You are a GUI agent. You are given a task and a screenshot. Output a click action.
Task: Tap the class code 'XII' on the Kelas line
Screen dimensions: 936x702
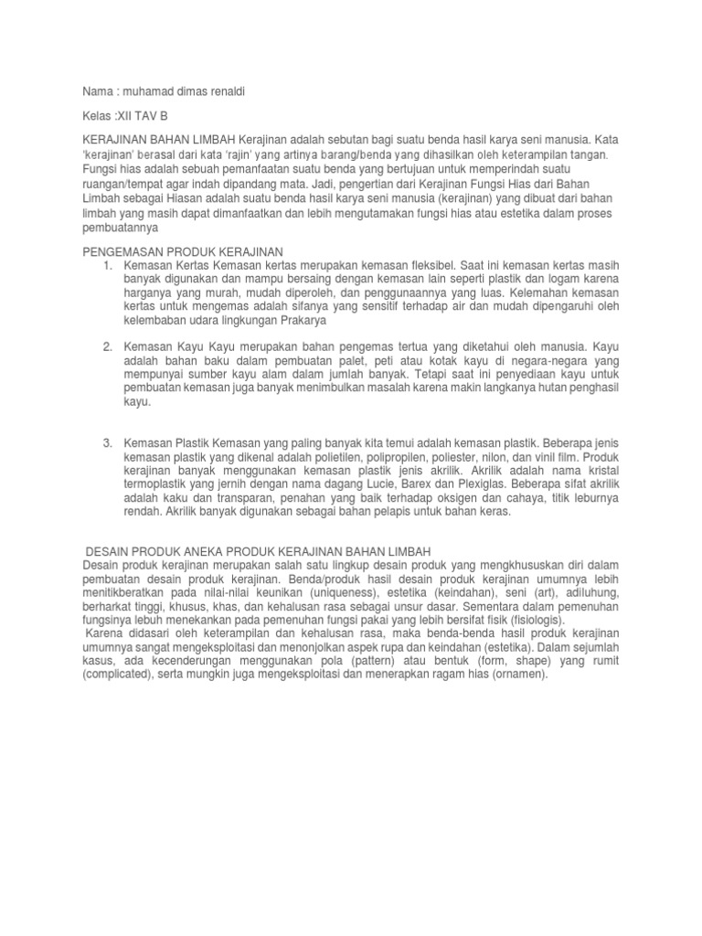[122, 118]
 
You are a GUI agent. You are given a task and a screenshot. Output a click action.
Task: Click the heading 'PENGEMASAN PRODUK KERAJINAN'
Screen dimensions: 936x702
[184, 250]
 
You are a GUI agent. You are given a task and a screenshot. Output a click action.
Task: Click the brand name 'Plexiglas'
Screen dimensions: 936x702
[460, 484]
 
